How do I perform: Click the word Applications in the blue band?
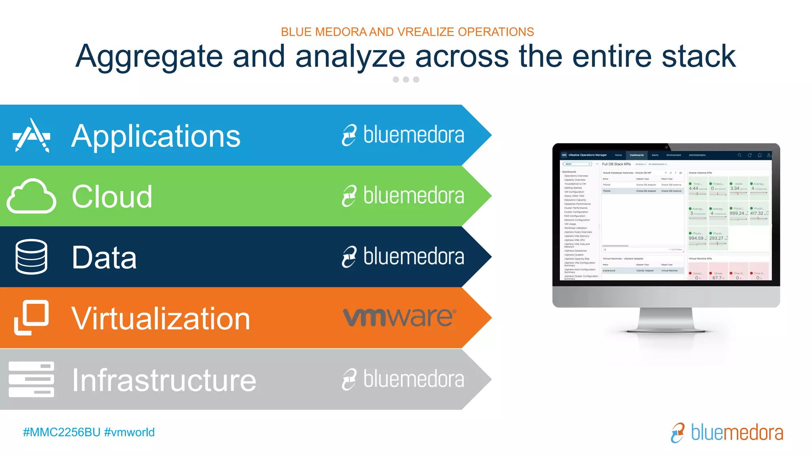156,136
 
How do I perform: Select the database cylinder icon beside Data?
31,257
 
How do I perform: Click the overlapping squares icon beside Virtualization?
31,317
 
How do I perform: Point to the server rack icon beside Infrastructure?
31,379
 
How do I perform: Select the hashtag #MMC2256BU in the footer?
61,432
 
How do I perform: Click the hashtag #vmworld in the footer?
129,432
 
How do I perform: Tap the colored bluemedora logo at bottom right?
727,432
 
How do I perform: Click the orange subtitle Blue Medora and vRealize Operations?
407,32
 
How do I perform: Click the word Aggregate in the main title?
149,56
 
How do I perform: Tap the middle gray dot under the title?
406,79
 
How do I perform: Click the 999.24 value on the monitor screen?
737,213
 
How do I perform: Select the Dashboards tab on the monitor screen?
636,155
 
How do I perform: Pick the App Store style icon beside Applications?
32,135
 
